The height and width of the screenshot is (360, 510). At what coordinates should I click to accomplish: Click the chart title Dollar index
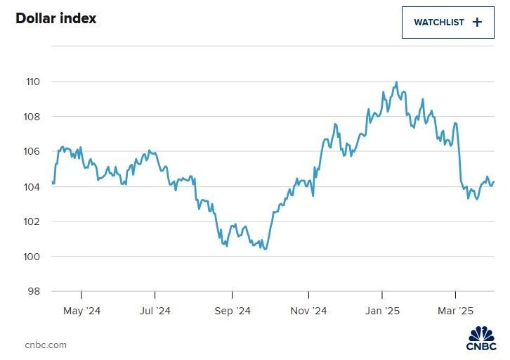click(x=56, y=18)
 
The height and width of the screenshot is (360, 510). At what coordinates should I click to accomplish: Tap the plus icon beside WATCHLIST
click(x=478, y=22)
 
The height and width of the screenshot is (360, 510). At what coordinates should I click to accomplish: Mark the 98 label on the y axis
click(x=34, y=292)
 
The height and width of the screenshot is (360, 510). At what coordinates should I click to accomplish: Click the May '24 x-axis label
click(x=82, y=311)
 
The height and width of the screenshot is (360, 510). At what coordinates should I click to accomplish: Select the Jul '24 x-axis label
click(x=155, y=311)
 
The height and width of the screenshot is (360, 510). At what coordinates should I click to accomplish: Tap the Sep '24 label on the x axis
click(x=233, y=311)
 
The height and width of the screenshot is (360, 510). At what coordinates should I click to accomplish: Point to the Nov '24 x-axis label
click(x=309, y=311)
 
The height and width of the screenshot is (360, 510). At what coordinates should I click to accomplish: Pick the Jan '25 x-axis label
click(x=383, y=311)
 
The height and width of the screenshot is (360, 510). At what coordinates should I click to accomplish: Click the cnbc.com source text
click(x=46, y=345)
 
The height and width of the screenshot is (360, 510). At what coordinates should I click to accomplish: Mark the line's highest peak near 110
click(x=397, y=82)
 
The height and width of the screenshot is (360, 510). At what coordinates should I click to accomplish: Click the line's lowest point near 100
click(x=265, y=249)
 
